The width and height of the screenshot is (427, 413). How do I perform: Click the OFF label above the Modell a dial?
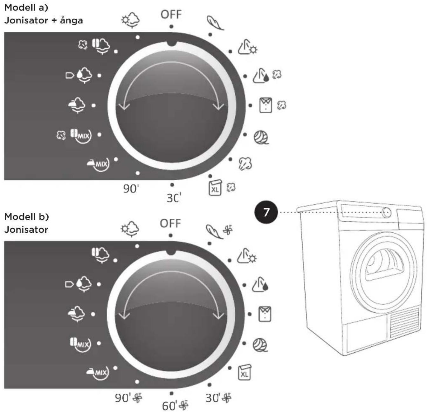171,15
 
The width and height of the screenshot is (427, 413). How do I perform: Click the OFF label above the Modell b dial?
170,223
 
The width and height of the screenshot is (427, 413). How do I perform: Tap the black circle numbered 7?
266,212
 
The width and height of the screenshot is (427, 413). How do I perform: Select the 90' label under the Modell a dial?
131,189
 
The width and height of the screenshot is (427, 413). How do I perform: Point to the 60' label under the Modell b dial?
169,406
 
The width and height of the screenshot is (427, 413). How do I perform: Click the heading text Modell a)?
26,8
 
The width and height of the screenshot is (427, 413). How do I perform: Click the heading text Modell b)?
27,217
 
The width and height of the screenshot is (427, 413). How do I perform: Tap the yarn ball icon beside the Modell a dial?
261,137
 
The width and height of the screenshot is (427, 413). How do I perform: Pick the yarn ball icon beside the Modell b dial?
260,345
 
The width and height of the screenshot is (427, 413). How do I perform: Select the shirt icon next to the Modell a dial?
265,105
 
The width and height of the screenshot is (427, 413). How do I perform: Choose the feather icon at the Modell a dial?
215,23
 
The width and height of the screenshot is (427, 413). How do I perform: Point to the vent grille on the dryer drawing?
404,322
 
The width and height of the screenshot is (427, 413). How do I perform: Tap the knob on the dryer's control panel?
387,212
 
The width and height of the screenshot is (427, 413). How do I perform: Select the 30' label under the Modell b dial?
213,398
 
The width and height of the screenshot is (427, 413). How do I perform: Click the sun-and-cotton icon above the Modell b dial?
130,229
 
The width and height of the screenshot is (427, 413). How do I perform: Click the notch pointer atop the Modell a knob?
172,43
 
